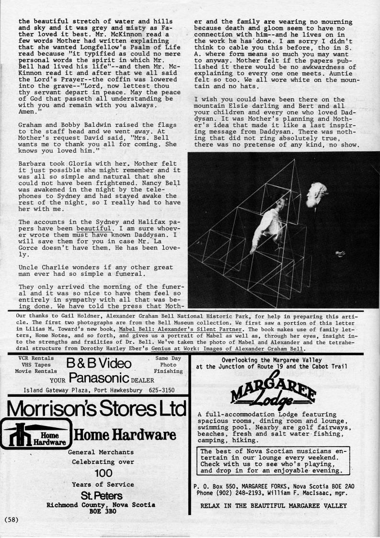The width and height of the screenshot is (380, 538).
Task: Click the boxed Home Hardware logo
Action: [35, 434]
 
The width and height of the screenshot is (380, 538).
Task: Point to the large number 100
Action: [103, 473]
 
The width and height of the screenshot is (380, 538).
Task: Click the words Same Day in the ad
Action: [168, 358]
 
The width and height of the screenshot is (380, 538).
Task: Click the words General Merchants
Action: [101, 452]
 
